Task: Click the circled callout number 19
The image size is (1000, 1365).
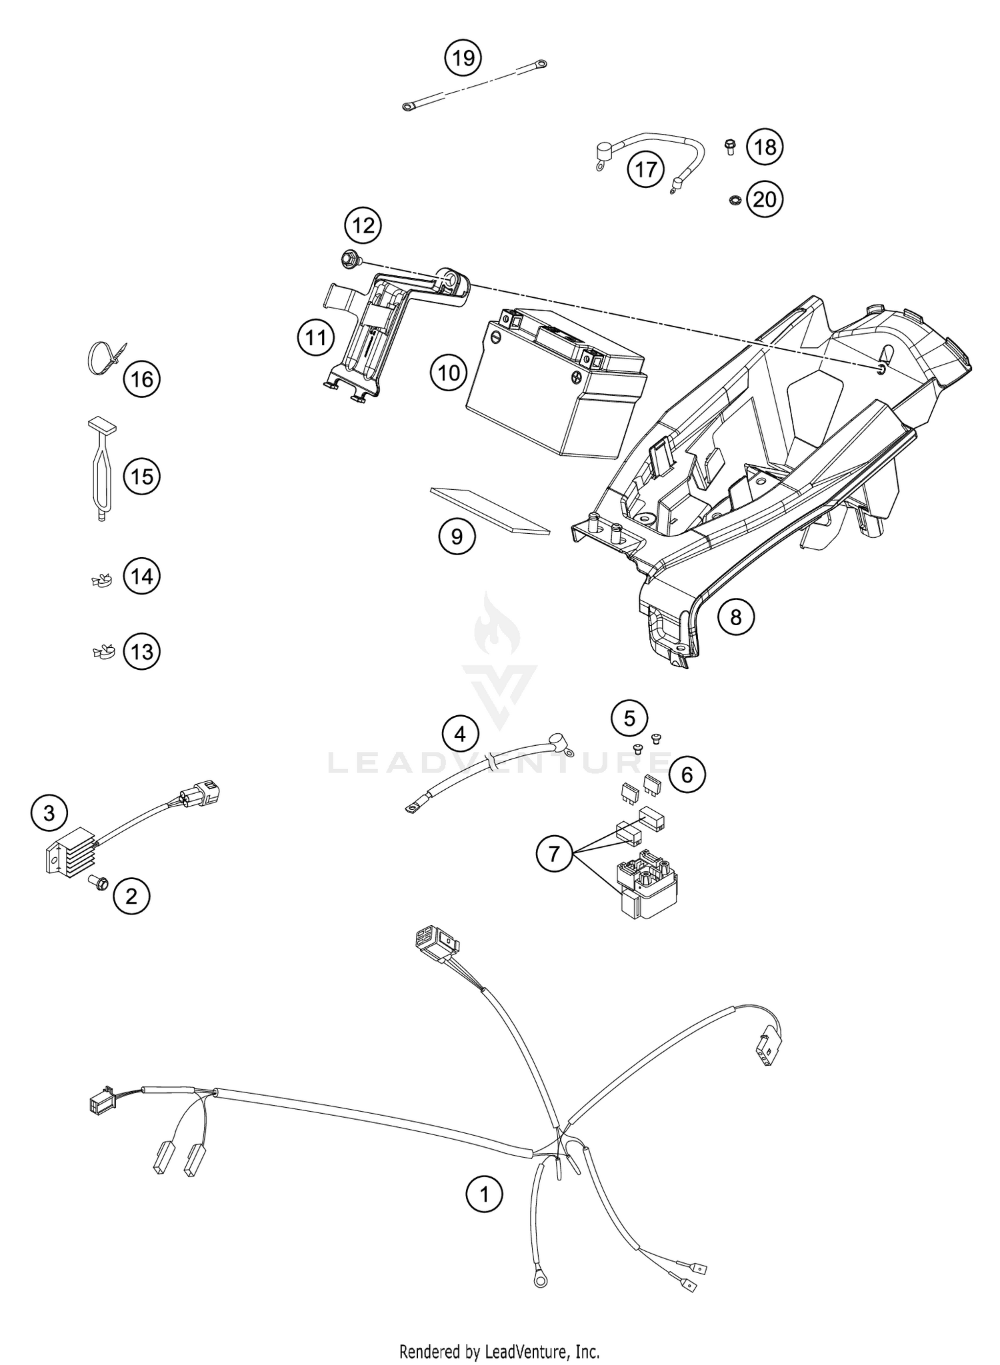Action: point(463,58)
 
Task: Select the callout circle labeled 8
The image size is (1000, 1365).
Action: point(735,617)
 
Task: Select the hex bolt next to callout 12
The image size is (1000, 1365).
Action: point(348,259)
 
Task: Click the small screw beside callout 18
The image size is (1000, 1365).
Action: point(729,146)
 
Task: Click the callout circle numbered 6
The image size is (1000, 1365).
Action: point(687,774)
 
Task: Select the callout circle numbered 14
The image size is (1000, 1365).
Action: point(142,576)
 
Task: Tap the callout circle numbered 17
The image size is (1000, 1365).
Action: point(645,169)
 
